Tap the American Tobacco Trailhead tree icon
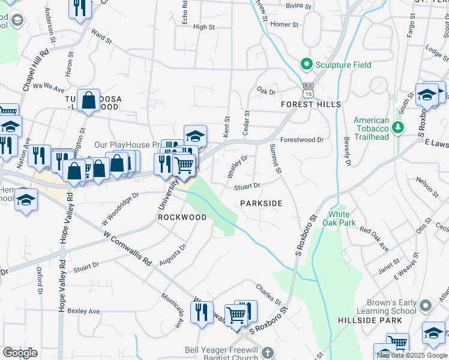(397, 127)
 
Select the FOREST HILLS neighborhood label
(312, 104)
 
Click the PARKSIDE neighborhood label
(261, 203)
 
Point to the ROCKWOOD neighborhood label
(182, 217)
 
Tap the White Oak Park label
(342, 219)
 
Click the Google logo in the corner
(20, 352)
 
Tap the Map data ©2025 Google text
(412, 355)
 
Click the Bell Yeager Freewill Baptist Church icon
(268, 352)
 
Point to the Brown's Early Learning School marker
(425, 306)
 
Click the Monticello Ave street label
(171, 310)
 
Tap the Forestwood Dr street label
(301, 139)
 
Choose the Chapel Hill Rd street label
(35, 71)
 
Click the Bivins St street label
(298, 7)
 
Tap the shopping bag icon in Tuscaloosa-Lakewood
(89, 101)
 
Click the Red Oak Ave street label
(374, 239)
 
